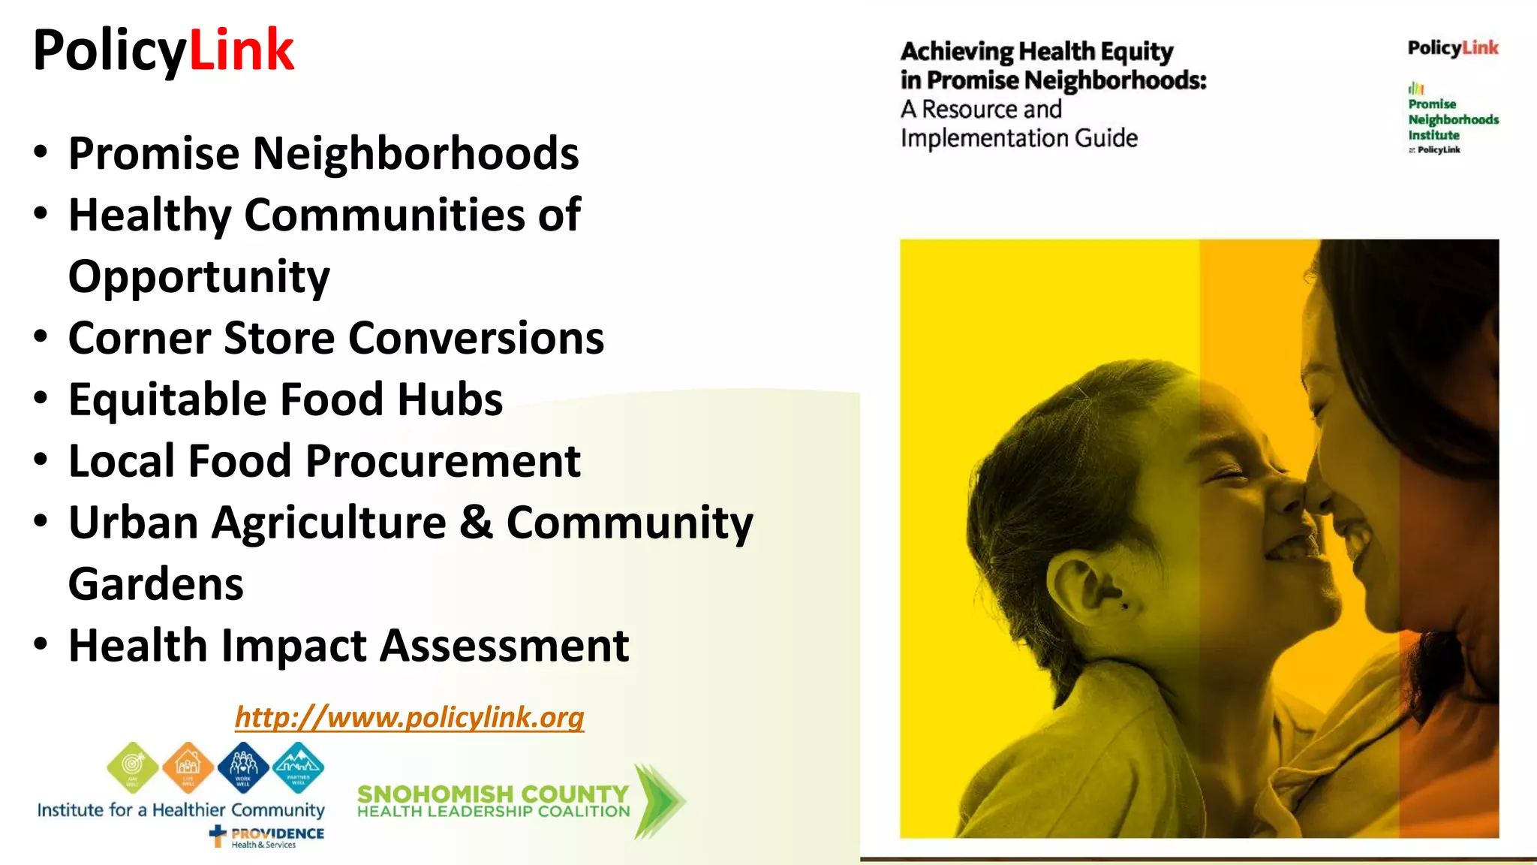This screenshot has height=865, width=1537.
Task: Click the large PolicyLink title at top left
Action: (164, 50)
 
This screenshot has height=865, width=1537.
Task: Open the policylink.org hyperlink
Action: (409, 716)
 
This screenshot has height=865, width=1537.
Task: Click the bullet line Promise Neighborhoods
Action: (323, 153)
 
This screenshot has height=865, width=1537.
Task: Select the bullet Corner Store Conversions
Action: (335, 338)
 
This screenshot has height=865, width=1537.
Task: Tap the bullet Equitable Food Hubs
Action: (285, 399)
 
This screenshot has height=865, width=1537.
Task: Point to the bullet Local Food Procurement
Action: (324, 460)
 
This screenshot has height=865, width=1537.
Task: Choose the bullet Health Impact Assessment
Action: (348, 645)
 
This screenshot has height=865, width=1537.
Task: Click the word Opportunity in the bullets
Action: (199, 276)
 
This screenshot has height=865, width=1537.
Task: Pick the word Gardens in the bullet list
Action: (156, 583)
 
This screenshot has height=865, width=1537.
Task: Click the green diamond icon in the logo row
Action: (133, 767)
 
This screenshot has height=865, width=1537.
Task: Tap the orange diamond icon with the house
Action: (188, 767)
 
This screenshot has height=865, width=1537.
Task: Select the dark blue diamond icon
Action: (243, 767)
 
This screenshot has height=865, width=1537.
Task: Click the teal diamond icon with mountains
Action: (299, 767)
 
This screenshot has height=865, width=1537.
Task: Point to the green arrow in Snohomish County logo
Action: (658, 800)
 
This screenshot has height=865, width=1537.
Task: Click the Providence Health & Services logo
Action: (267, 836)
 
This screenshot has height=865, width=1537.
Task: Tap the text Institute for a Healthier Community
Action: (181, 809)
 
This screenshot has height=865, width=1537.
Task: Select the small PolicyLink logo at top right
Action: (1453, 48)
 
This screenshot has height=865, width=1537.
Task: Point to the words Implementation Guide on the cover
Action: (1018, 138)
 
